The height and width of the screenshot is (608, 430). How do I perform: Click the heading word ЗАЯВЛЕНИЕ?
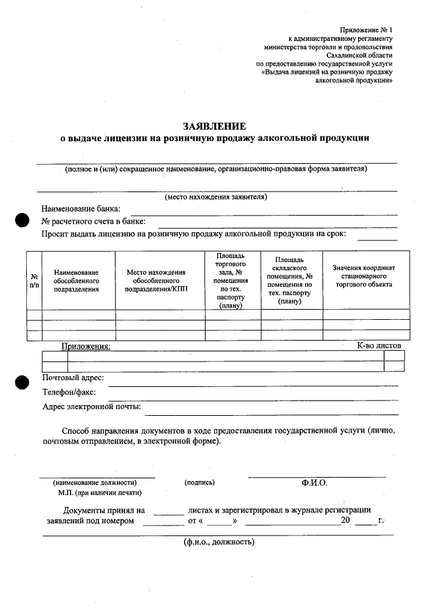215,126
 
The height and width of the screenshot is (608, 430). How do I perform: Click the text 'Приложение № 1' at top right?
366,31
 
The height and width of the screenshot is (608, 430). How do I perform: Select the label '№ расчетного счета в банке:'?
93,221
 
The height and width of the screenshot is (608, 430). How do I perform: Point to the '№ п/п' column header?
34,280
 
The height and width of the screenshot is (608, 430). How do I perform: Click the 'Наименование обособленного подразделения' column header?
77,280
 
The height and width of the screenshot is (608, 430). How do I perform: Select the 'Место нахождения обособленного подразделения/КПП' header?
159,280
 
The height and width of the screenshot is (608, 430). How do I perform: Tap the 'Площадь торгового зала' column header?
232,280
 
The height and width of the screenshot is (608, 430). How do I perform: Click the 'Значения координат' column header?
365,276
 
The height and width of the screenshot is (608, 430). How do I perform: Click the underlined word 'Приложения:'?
86,346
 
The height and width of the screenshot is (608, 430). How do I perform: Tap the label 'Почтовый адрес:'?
73,378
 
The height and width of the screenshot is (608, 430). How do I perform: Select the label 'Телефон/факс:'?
69,392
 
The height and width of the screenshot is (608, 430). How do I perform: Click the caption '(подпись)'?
200,482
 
